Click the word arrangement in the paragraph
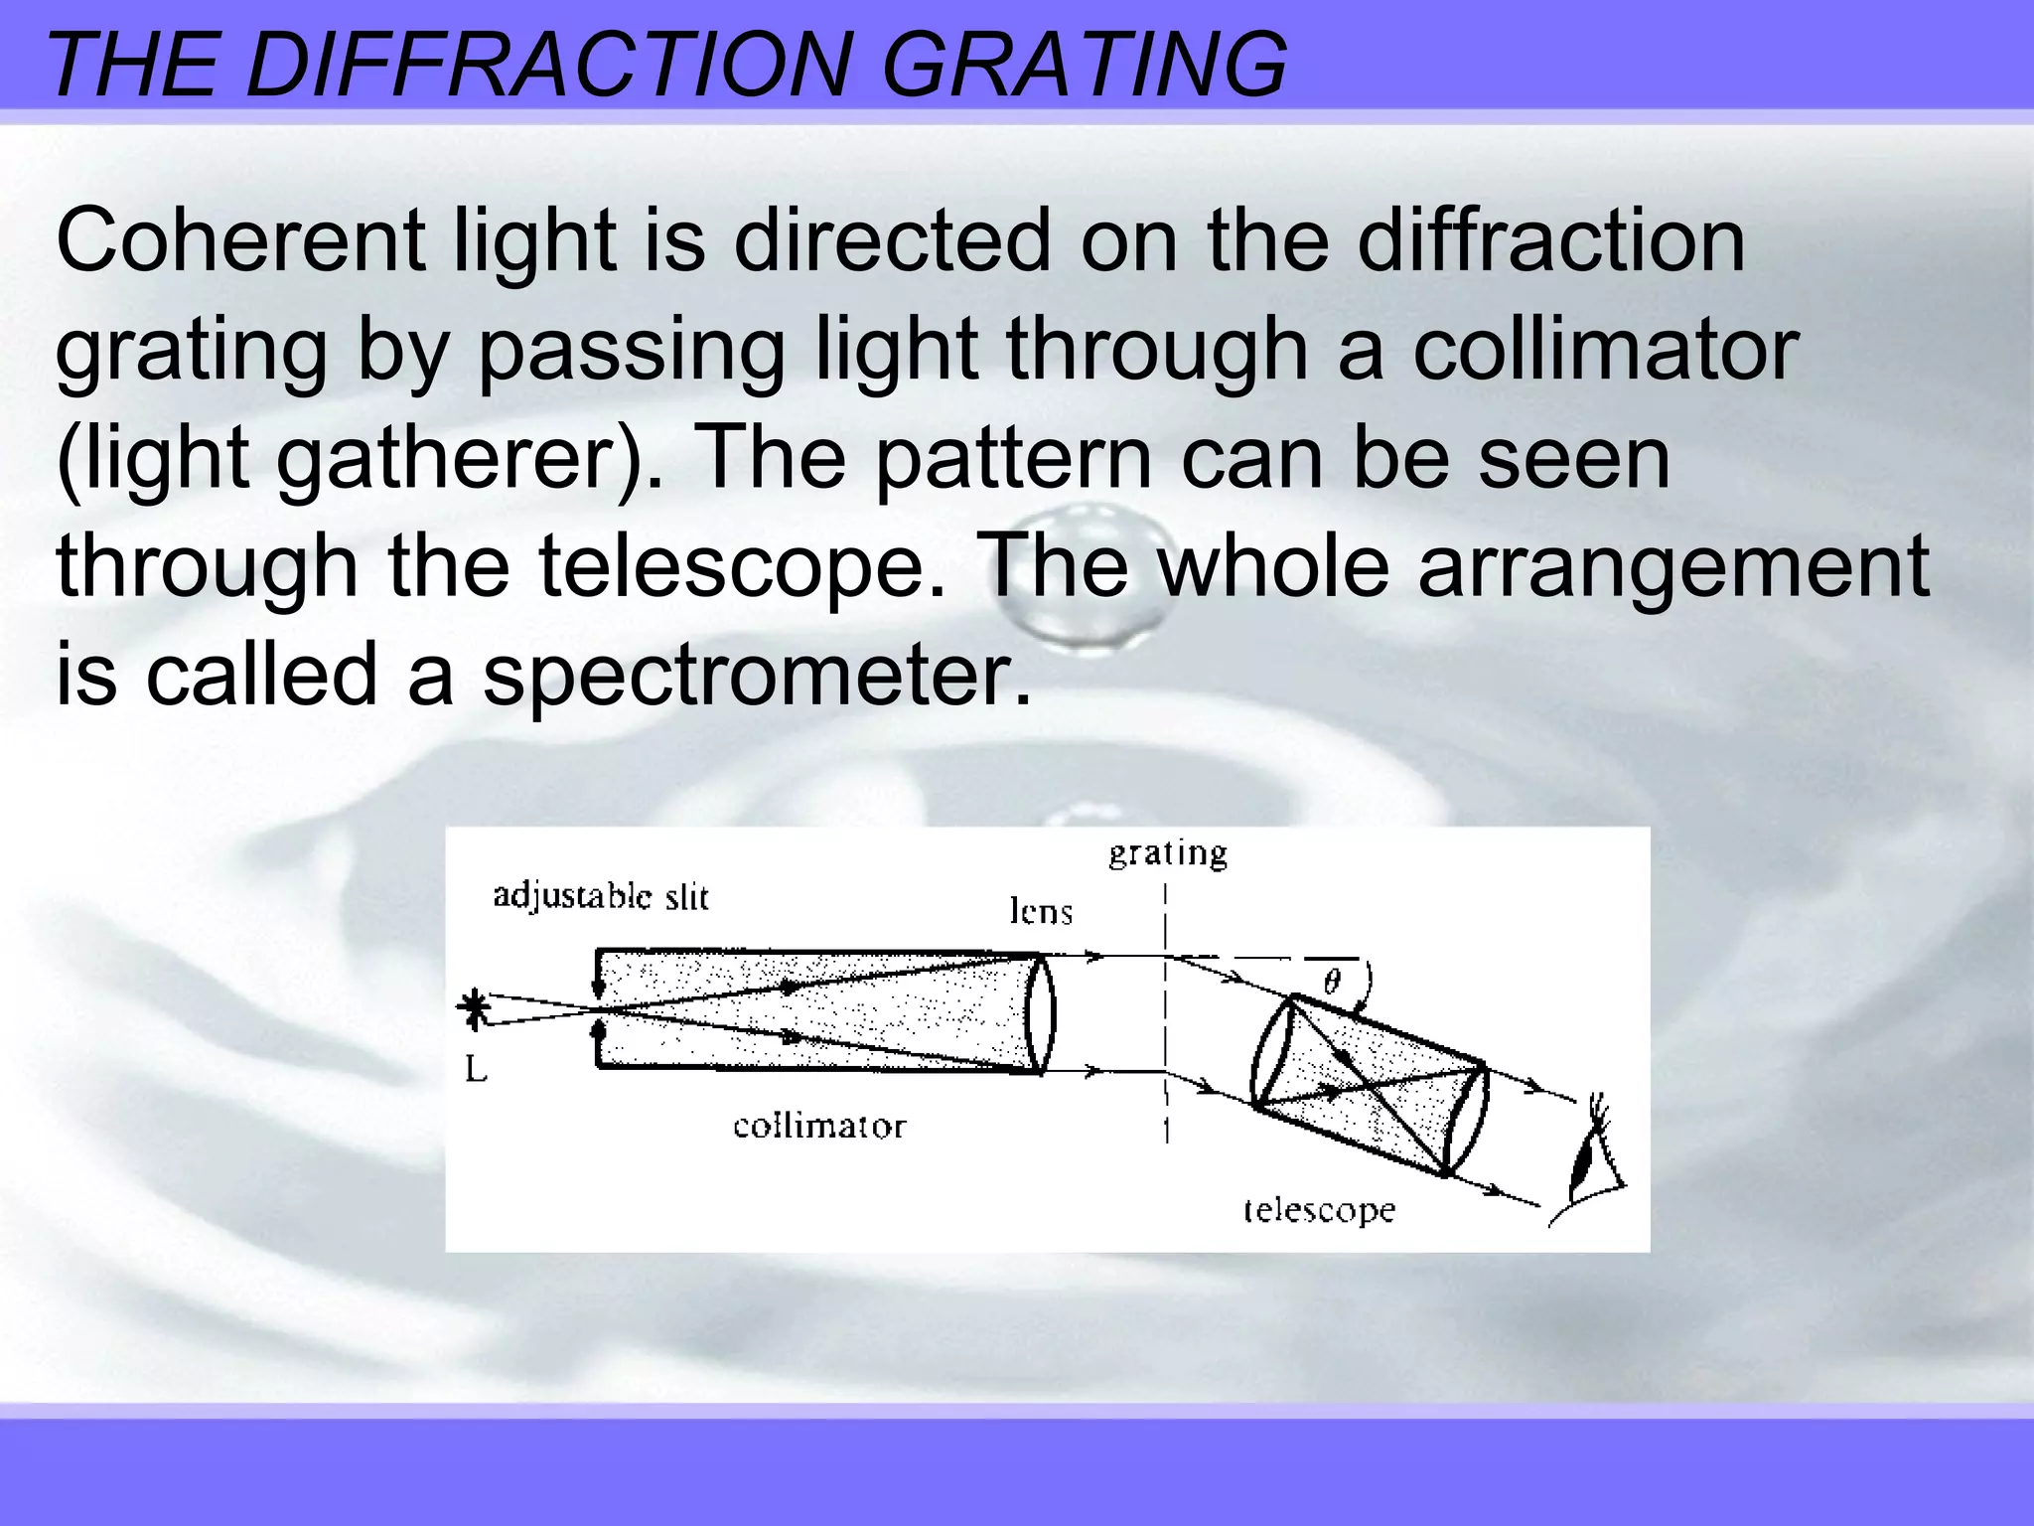click(1672, 566)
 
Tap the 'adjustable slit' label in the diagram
click(601, 896)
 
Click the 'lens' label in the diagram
click(1041, 911)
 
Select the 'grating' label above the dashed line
click(1168, 853)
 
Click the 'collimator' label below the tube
click(819, 1127)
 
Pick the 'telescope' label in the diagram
click(1319, 1210)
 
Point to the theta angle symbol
click(1332, 983)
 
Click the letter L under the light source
click(476, 1069)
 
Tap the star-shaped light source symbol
click(475, 1007)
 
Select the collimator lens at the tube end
click(1038, 1013)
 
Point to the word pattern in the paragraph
click(1012, 459)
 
